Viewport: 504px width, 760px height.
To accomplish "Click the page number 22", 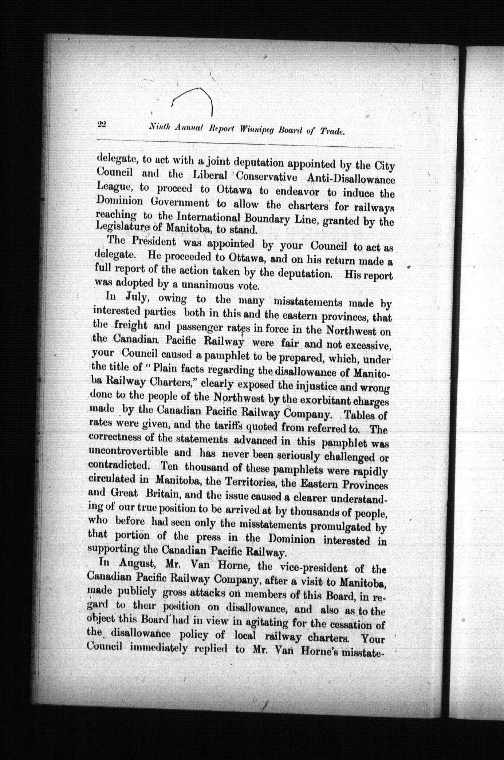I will (102, 124).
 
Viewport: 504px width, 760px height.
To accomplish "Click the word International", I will (208, 217).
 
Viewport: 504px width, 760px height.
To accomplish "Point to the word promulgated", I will (338, 526).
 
